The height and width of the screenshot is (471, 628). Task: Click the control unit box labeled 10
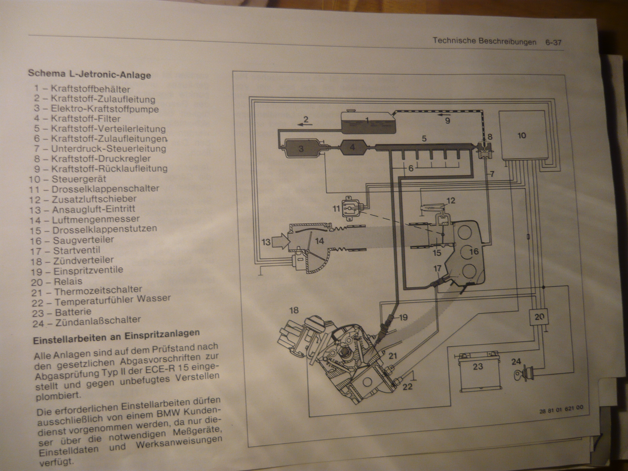[x=522, y=135]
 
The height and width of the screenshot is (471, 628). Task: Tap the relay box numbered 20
[x=539, y=317]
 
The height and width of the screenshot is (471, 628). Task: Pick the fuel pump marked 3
[x=301, y=149]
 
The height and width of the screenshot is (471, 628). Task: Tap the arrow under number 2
[x=305, y=124]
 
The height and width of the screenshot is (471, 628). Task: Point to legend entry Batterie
[x=72, y=312]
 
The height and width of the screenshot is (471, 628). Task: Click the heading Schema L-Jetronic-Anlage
[x=89, y=74]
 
